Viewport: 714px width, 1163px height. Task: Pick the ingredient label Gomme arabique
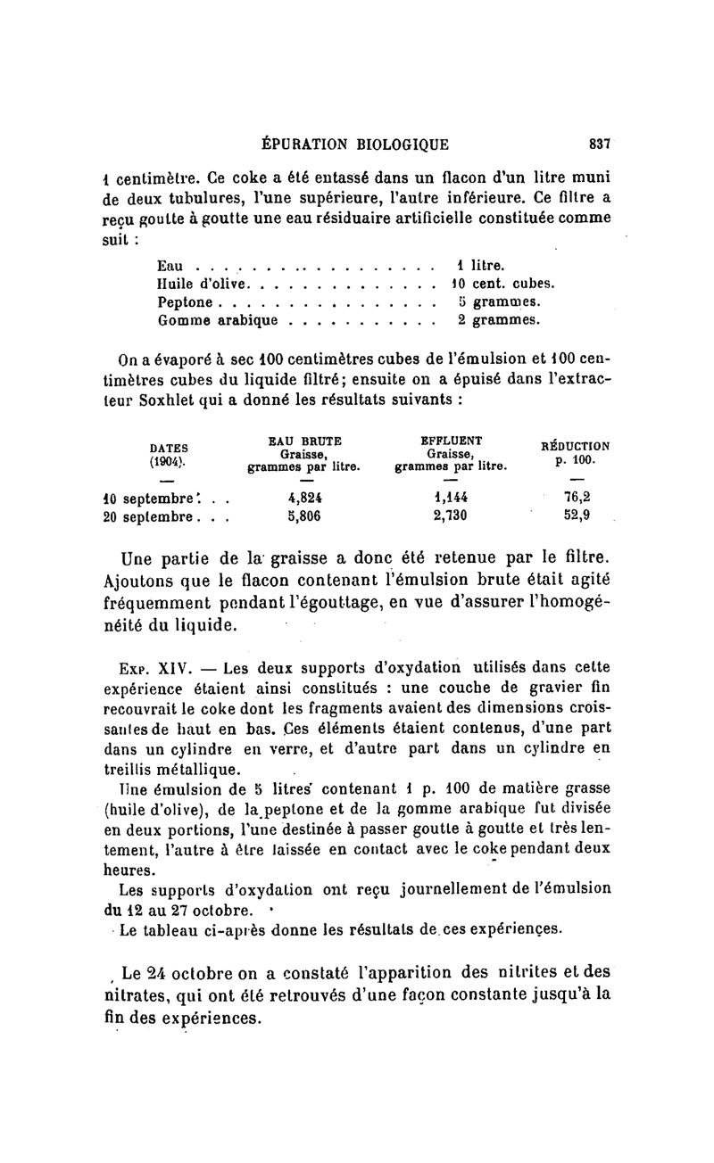tap(218, 319)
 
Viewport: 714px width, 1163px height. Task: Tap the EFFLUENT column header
tap(451, 441)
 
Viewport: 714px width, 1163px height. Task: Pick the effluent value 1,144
tap(450, 498)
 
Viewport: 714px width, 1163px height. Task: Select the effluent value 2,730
tap(450, 516)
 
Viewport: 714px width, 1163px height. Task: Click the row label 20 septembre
tap(148, 516)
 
